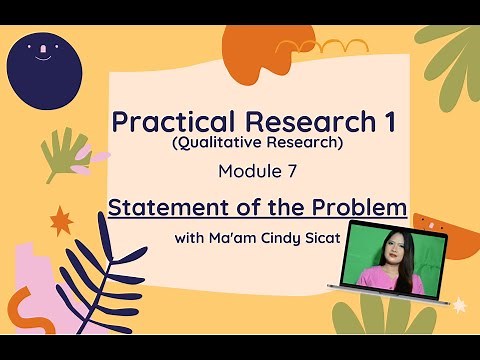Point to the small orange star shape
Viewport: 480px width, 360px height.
point(61,219)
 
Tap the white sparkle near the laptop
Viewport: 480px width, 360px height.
point(459,303)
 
